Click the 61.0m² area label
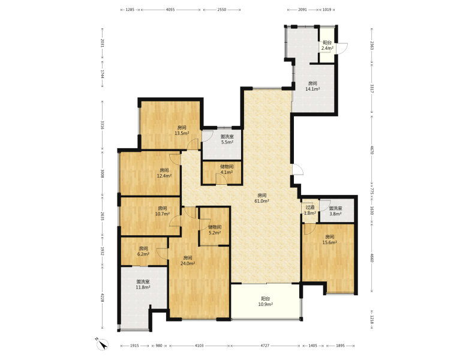[261, 198]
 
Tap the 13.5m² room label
[182, 130]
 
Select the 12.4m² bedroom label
[164, 173]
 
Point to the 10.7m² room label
[163, 211]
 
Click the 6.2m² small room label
[143, 251]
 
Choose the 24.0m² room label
[188, 260]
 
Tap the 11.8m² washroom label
[143, 284]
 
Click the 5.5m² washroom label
[227, 139]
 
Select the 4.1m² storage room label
[227, 169]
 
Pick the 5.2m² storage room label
[215, 230]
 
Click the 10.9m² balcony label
[265, 302]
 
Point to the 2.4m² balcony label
[327, 46]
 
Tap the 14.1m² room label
[312, 86]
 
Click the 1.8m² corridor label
[310, 211]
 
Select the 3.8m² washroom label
[335, 211]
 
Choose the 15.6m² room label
[330, 239]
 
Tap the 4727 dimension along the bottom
[264, 346]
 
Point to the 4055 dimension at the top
[170, 10]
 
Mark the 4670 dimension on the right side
[372, 149]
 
